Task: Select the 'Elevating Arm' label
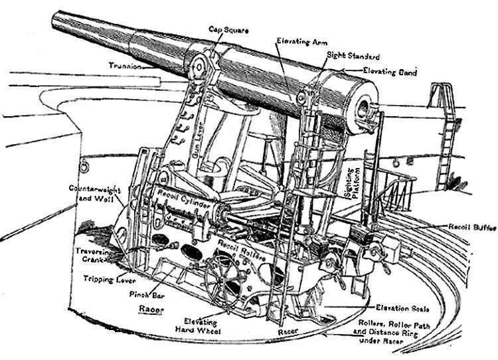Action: click(x=297, y=41)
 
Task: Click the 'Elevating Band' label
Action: click(x=390, y=71)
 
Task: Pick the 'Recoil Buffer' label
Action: click(x=471, y=227)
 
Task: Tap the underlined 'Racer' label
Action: click(x=153, y=309)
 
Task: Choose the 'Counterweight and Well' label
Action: click(x=92, y=193)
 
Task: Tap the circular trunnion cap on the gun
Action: click(x=198, y=67)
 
